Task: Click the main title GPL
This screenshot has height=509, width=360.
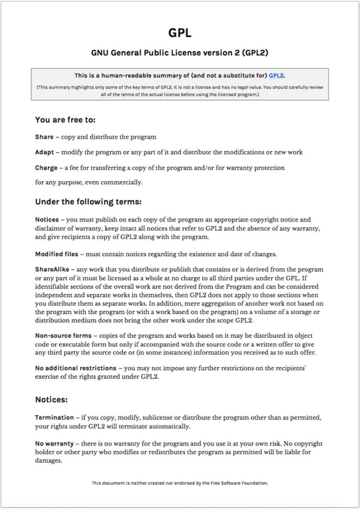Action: point(180,33)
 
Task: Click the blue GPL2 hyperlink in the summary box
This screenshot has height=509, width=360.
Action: point(276,76)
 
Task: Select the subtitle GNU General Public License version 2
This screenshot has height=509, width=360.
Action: point(180,53)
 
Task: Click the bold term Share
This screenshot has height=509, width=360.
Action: point(44,137)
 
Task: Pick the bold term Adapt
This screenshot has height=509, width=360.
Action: point(46,152)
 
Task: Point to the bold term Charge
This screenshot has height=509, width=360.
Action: point(46,168)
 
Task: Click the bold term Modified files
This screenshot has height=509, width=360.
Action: point(56,254)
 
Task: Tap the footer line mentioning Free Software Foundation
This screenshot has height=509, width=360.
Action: point(180,483)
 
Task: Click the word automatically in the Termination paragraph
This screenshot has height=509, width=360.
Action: point(170,426)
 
